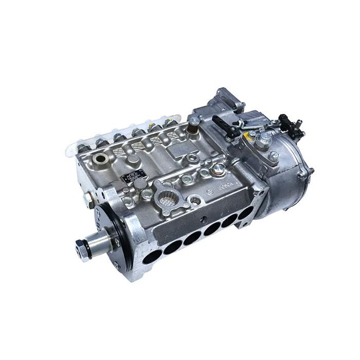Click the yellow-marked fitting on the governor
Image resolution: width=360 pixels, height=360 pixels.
251,136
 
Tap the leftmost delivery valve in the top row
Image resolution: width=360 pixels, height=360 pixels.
83,148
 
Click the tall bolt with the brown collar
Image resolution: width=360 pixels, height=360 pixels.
194,123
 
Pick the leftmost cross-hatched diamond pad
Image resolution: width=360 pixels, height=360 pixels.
118,152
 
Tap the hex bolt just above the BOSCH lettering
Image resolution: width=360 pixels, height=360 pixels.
220,168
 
